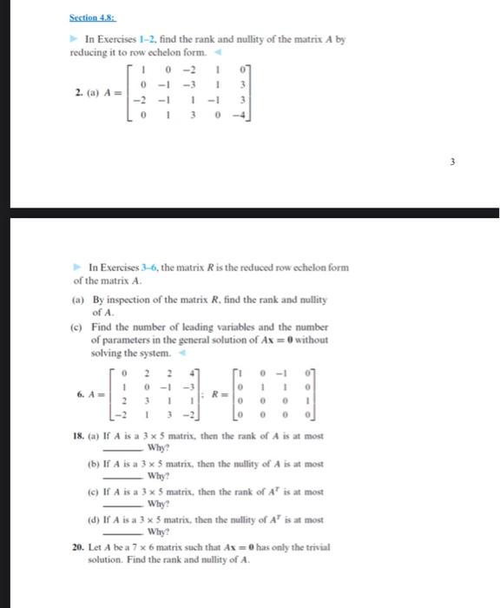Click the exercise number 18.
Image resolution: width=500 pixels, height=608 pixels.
76,437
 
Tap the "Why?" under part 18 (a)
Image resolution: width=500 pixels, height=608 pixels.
158,448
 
